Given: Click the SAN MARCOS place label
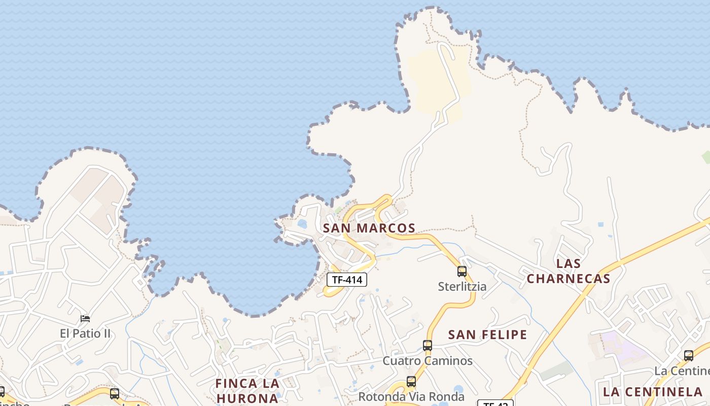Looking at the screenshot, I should (369, 228).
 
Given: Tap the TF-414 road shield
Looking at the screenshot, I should (346, 280).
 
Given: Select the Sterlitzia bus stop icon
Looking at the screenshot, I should (462, 272).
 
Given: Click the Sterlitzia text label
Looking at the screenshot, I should (462, 287).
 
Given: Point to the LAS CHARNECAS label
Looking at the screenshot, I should (568, 271).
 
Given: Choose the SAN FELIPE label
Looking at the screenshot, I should (488, 334).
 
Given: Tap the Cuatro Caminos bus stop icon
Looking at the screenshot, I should (428, 346).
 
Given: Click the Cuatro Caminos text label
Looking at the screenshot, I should (428, 361).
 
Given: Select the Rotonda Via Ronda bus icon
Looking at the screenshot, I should (411, 382).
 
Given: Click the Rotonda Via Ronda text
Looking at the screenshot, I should (411, 396).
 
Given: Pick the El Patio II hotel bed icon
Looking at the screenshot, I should (85, 319).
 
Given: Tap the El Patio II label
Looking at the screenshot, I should (85, 333).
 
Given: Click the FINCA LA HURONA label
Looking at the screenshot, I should (247, 390).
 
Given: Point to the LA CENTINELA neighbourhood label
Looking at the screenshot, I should (652, 392).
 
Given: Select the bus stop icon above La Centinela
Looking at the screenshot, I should (689, 356).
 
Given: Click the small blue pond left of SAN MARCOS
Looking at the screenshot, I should (302, 224).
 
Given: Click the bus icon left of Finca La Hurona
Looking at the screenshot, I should (115, 393).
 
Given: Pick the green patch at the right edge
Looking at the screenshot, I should (705, 157).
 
